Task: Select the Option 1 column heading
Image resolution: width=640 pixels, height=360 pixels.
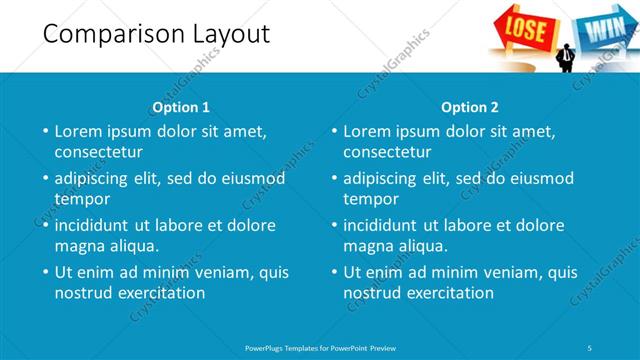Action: point(181,107)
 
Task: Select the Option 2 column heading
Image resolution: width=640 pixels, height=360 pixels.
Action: point(470,107)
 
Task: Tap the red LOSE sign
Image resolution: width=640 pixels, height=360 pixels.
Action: point(524,26)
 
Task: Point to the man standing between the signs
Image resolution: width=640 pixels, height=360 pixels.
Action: point(566,56)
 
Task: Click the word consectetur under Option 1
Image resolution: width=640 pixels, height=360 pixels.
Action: point(98,153)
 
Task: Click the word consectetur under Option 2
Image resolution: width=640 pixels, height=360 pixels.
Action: point(388,153)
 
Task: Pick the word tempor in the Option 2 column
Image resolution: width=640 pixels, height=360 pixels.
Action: point(371,199)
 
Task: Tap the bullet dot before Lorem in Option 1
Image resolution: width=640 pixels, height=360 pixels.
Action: point(44,131)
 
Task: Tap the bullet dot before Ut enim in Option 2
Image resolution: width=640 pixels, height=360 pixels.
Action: point(333,272)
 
